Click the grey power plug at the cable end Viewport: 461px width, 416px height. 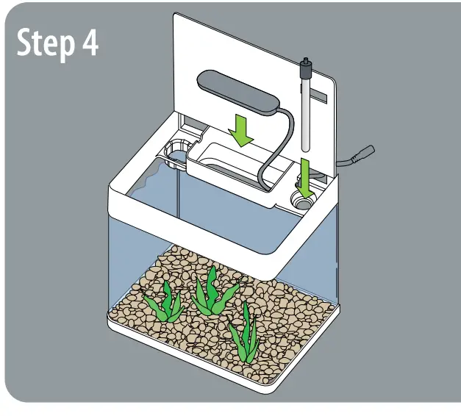click(x=362, y=155)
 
